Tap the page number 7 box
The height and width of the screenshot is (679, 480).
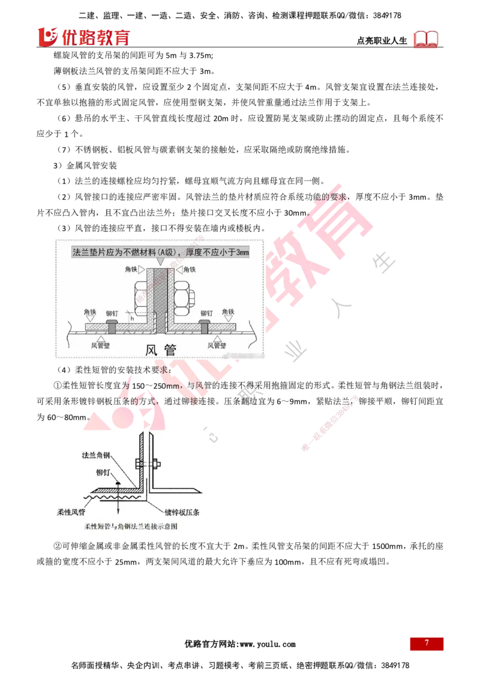[427, 643]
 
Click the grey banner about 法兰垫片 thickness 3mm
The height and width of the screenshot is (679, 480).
[160, 252]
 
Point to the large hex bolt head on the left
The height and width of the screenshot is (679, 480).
[139, 298]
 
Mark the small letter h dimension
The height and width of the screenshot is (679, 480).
[131, 319]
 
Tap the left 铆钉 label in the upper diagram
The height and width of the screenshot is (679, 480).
[112, 313]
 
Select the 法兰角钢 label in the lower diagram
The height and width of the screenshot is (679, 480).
[96, 456]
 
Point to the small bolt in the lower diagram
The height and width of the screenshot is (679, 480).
[148, 463]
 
